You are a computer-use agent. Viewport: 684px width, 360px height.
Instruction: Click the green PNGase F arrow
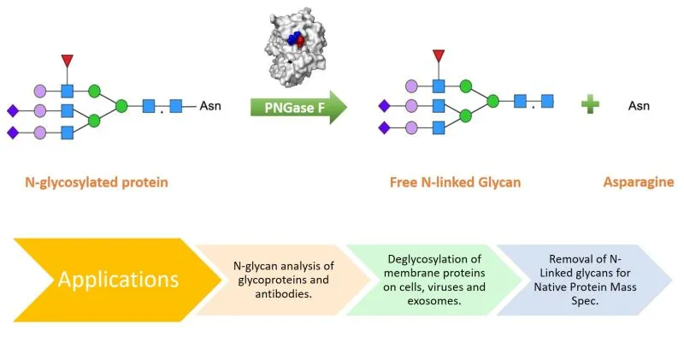298,108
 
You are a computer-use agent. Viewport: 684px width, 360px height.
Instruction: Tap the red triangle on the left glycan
68,60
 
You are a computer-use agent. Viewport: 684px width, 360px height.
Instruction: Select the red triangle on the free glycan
439,56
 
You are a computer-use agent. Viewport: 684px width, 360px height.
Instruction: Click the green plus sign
590,104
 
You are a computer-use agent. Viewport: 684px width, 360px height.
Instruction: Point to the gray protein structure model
296,47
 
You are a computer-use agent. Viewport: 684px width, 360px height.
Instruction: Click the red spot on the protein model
301,41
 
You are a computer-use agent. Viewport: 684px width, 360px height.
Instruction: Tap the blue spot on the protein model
293,38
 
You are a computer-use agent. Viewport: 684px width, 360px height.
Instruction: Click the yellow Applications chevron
118,280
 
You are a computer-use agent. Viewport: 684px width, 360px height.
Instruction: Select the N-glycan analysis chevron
284,280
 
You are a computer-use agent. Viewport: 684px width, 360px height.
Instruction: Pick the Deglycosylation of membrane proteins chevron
434,280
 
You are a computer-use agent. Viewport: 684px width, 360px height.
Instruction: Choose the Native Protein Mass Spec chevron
585,280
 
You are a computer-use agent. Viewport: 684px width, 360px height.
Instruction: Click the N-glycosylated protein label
97,182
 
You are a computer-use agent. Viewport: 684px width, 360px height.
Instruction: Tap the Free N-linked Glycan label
456,182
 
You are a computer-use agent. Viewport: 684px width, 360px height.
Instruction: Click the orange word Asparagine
639,182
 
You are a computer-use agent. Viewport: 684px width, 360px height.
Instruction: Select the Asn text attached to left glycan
210,105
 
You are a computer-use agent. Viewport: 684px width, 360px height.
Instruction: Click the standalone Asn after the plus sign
639,105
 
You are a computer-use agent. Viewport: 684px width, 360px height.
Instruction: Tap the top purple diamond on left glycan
13,111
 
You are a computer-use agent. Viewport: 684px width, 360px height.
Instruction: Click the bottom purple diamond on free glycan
384,128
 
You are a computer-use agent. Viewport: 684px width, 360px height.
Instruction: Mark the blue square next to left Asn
176,106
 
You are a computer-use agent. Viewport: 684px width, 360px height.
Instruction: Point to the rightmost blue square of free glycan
547,101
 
